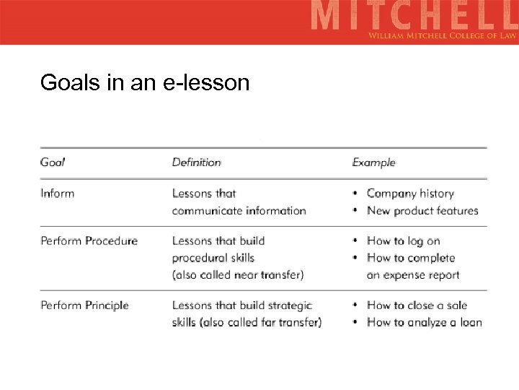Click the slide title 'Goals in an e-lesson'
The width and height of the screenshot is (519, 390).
pos(145,83)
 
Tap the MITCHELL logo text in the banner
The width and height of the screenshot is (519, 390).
pos(414,15)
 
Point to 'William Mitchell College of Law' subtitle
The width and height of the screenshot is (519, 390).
pos(442,35)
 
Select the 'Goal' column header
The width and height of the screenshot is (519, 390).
pos(52,162)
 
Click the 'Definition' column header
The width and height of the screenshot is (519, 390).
pos(196,162)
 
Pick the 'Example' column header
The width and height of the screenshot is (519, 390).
pos(373,162)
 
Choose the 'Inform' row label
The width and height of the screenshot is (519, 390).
pos(57,193)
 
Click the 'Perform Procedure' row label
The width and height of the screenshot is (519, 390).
pos(89,240)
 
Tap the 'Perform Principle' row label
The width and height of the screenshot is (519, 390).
pos(84,305)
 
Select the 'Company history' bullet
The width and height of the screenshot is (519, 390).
pos(410,193)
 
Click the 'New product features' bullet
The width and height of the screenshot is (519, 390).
pos(422,210)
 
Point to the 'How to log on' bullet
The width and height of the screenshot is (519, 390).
pos(403,240)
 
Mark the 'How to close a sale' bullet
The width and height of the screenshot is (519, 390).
pos(417,305)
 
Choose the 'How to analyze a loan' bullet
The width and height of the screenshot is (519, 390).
pos(424,322)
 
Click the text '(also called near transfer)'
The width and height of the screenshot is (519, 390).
pos(238,274)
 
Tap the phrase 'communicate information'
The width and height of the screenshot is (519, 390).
pos(239,210)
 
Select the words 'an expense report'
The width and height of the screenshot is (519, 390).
pos(412,274)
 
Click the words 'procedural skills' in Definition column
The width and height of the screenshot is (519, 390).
pos(213,258)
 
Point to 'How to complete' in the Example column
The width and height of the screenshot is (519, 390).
pos(411,258)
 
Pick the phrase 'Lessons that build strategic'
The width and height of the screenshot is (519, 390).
pos(241,305)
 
